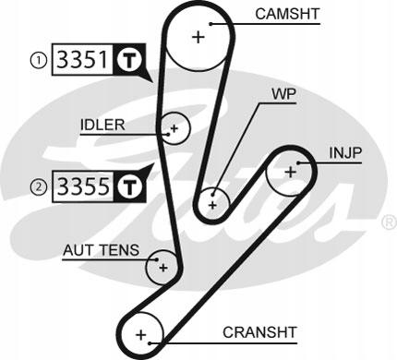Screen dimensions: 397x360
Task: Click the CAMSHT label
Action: coord(287,14)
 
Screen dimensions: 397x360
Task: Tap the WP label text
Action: coord(283,94)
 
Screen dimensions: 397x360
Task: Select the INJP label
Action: coord(345,153)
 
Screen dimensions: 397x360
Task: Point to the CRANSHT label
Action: coord(259,332)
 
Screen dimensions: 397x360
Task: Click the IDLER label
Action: coord(102,125)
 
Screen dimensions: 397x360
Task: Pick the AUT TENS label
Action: coord(101,250)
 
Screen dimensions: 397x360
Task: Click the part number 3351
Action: coord(83,59)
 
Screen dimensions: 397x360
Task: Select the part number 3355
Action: coord(83,186)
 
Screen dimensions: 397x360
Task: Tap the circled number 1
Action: coord(38,60)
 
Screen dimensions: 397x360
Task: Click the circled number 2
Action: coord(38,186)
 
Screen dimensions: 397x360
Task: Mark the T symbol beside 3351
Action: coord(129,60)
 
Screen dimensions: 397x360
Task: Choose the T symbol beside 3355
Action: coord(129,186)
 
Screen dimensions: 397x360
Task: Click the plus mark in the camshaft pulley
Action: coord(198,37)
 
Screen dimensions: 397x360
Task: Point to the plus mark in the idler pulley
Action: coord(174,128)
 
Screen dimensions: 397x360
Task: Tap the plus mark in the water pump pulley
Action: coord(212,205)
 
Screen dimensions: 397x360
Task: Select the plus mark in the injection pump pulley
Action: coord(290,172)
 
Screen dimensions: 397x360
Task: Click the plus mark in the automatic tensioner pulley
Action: coord(163,268)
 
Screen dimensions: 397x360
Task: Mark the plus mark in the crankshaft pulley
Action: coord(141,334)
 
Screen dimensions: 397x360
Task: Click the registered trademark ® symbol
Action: coord(389,222)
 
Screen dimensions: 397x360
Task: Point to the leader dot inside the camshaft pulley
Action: coord(211,24)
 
